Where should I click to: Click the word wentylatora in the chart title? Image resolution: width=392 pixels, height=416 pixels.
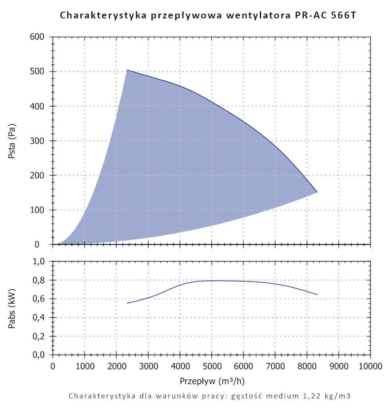coord(259,16)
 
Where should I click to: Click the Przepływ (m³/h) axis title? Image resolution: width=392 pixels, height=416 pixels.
coord(211,380)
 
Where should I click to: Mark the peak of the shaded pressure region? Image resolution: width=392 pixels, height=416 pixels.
coord(127,71)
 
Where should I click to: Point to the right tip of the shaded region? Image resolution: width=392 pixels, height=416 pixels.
coord(317,192)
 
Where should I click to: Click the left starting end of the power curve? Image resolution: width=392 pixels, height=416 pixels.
coord(127,303)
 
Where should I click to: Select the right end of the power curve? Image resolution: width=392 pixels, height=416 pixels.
coord(317,295)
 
